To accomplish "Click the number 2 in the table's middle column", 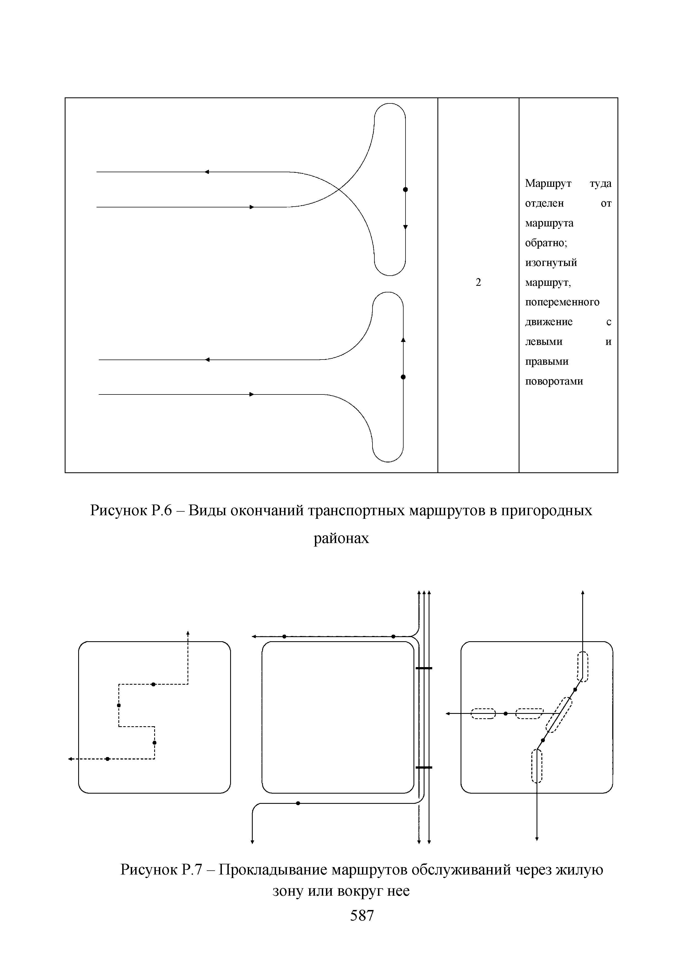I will [x=478, y=283].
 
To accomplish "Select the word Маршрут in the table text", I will [x=548, y=184].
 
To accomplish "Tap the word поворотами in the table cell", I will [x=554, y=382].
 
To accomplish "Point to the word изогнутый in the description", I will [x=551, y=263].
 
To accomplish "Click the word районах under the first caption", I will [x=341, y=538].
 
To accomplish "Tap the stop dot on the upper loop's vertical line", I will [x=406, y=190].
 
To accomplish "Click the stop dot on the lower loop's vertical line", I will [x=403, y=377].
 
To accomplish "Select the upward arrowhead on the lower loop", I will [x=403, y=340].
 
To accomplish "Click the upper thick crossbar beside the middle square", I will [x=424, y=668].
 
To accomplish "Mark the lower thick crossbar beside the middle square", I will [x=424, y=767].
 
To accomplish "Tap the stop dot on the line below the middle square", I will [x=298, y=803].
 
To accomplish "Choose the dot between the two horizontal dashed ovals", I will [x=505, y=714].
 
